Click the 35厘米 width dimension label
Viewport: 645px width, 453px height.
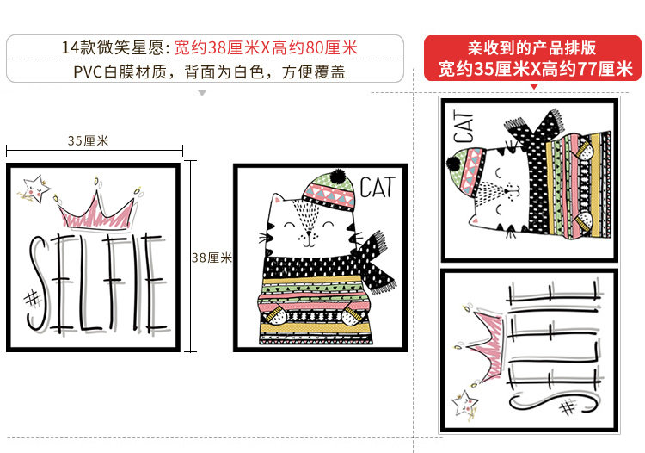tap(88, 141)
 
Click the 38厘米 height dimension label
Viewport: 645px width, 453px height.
tap(212, 258)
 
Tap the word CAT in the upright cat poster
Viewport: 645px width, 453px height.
tap(378, 188)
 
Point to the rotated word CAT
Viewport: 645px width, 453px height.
tap(464, 127)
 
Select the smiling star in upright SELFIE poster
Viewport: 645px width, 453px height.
tap(36, 189)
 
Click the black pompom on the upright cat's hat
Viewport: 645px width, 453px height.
tap(338, 176)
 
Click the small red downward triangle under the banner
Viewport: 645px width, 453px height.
tap(534, 86)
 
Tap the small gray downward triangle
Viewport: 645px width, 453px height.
tap(202, 94)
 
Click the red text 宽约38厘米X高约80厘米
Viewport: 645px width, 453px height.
tap(266, 47)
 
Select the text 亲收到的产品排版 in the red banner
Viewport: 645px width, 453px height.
tap(531, 48)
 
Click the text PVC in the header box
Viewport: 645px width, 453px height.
tap(88, 72)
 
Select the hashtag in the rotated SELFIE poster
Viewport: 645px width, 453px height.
tap(568, 408)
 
